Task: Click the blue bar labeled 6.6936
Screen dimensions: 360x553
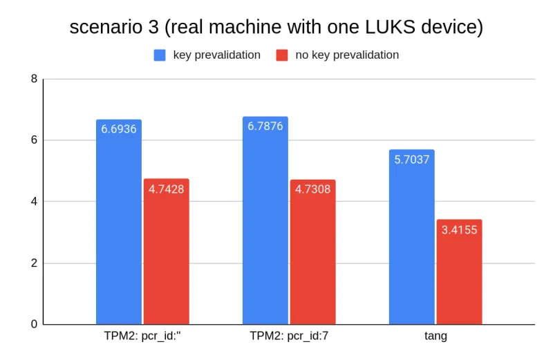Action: (x=119, y=222)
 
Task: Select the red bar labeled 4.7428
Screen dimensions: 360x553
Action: (x=166, y=252)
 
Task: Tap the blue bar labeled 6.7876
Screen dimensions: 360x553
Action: (x=265, y=220)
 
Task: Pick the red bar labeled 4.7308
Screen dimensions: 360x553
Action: (x=312, y=252)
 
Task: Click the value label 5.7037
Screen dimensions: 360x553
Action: (x=412, y=160)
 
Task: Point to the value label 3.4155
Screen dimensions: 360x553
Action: (x=459, y=229)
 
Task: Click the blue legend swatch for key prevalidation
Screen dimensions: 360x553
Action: (x=160, y=55)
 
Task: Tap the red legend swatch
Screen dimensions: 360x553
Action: (x=281, y=55)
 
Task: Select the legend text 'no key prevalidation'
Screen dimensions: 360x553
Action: (x=347, y=55)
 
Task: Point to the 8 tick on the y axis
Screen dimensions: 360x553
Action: (x=34, y=79)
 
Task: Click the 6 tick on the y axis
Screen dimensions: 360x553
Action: (x=34, y=140)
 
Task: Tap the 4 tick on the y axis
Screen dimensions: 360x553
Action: (x=34, y=202)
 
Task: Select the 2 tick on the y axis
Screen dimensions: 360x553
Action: (x=34, y=263)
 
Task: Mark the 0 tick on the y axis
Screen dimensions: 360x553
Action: (x=34, y=325)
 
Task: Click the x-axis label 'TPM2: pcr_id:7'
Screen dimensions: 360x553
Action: (x=289, y=337)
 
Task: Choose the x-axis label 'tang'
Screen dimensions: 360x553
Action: (x=435, y=337)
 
